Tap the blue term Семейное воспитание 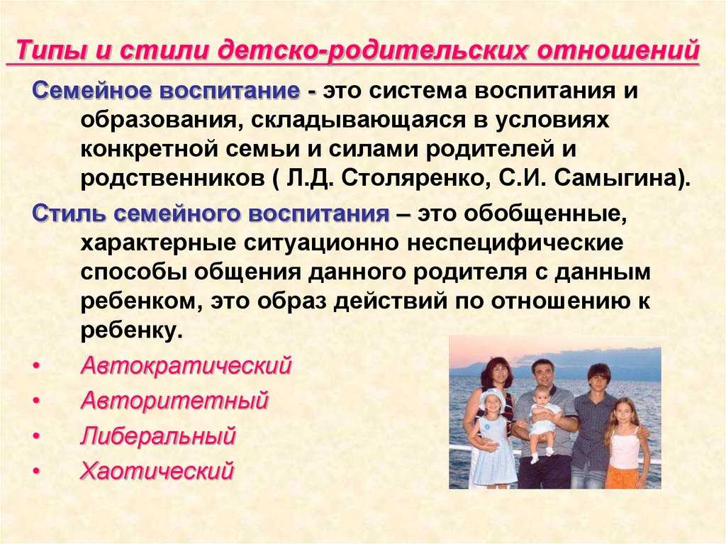coord(166,90)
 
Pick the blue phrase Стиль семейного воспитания coord(211,213)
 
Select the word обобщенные coord(545,213)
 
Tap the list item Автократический coord(186,365)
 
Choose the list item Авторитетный coord(175,400)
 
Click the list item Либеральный coord(158,436)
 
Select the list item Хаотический coord(157,471)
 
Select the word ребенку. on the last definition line coord(130,331)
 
